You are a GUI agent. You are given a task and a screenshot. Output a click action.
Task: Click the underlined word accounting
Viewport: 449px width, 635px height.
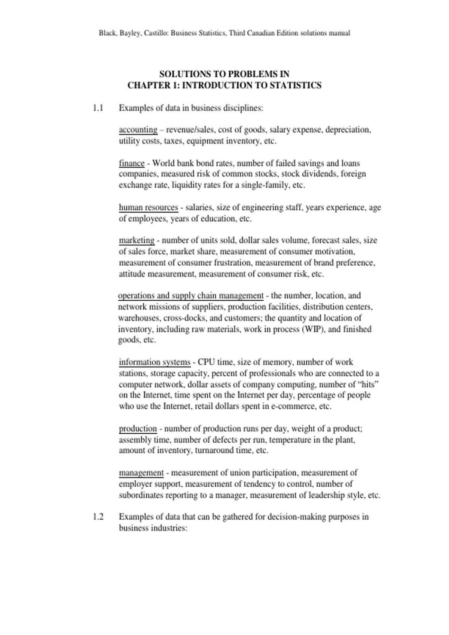click(x=138, y=130)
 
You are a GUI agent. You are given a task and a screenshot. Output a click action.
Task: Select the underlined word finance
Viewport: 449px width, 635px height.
click(x=132, y=163)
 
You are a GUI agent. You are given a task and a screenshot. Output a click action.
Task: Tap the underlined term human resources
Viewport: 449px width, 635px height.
click(x=148, y=207)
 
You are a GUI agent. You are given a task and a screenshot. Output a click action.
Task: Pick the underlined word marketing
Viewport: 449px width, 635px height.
click(x=137, y=240)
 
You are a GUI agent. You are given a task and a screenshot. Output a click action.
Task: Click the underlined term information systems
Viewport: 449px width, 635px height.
click(x=155, y=362)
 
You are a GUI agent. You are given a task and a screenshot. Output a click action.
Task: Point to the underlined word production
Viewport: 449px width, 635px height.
click(x=138, y=428)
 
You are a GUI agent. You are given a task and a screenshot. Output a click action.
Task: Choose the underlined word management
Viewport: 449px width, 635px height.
click(x=141, y=473)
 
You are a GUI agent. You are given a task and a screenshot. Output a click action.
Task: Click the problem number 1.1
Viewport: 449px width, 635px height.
click(x=98, y=108)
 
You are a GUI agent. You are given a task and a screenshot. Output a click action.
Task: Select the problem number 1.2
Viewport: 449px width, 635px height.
click(x=98, y=517)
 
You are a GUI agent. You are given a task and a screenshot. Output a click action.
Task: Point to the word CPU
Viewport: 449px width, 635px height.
click(x=206, y=362)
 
